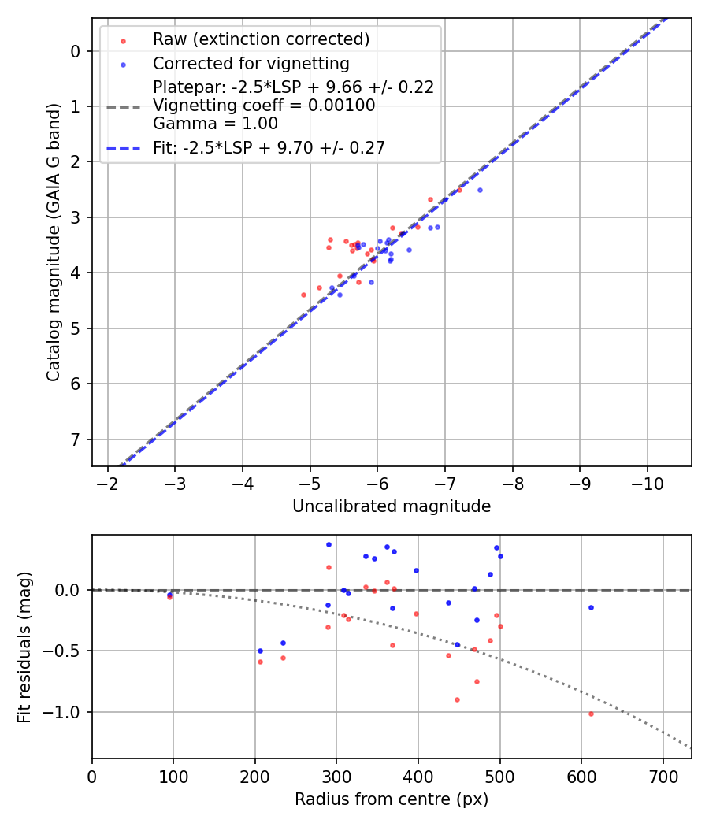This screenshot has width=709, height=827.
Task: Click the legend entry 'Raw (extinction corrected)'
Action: pyautogui.click(x=261, y=39)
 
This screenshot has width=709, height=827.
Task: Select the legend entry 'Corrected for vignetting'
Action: pyautogui.click(x=251, y=63)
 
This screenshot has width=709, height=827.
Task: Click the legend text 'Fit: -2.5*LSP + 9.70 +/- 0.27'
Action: pyautogui.click(x=269, y=146)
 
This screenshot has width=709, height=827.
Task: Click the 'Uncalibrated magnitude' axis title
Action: pyautogui.click(x=392, y=506)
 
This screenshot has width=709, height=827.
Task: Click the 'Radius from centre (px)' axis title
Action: pyautogui.click(x=392, y=799)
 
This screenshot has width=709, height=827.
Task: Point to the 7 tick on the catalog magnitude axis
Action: pyautogui.click(x=76, y=439)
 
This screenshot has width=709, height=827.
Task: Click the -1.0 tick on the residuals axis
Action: pyautogui.click(x=67, y=712)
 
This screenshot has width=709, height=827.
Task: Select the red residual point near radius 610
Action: pyautogui.click(x=591, y=714)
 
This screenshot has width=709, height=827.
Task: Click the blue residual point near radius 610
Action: pyautogui.click(x=591, y=607)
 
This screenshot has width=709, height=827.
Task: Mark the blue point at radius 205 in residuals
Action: pyautogui.click(x=260, y=651)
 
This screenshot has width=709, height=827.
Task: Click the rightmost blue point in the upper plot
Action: pyautogui.click(x=480, y=190)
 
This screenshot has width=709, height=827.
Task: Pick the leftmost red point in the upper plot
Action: pyautogui.click(x=303, y=295)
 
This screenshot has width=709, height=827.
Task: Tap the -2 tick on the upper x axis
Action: pyautogui.click(x=108, y=482)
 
